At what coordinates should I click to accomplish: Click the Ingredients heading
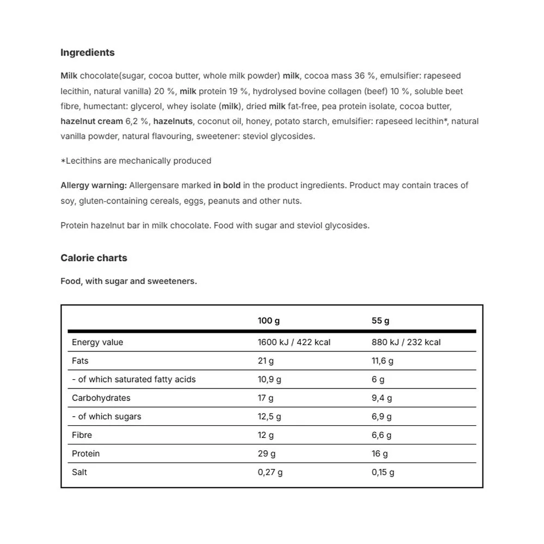88,53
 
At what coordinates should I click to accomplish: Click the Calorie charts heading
94,258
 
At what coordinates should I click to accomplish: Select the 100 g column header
269,321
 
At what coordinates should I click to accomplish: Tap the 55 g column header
380,321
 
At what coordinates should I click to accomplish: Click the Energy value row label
97,342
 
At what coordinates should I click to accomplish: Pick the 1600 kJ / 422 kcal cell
294,342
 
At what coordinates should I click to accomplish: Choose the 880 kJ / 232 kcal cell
406,342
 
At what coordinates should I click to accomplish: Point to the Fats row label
80,361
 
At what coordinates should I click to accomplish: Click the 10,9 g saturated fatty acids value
269,379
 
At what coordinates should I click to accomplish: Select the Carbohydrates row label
101,398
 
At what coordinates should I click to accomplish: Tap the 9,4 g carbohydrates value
381,398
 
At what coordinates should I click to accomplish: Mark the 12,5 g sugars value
269,417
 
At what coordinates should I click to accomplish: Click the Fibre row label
82,435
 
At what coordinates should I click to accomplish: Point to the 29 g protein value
267,454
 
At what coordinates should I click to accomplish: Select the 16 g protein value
380,454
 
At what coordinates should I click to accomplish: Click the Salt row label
79,472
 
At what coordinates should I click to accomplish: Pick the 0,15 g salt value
383,472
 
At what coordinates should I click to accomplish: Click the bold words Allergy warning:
94,186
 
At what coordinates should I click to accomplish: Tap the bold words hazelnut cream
91,121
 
